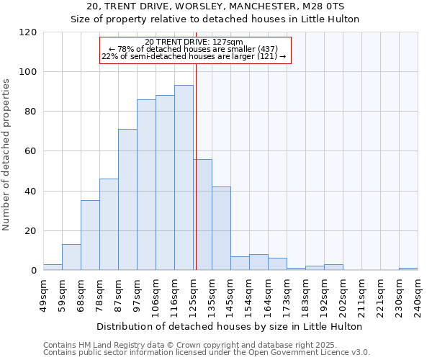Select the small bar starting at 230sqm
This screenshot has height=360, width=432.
click(x=408, y=269)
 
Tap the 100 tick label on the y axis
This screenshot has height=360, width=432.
click(x=28, y=72)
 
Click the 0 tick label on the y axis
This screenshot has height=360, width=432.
click(x=34, y=271)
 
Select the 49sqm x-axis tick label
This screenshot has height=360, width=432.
click(x=43, y=294)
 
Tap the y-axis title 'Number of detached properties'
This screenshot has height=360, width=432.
click(x=6, y=155)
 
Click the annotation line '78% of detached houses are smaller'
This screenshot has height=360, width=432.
click(x=194, y=49)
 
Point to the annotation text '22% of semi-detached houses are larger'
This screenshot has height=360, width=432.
click(x=194, y=56)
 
